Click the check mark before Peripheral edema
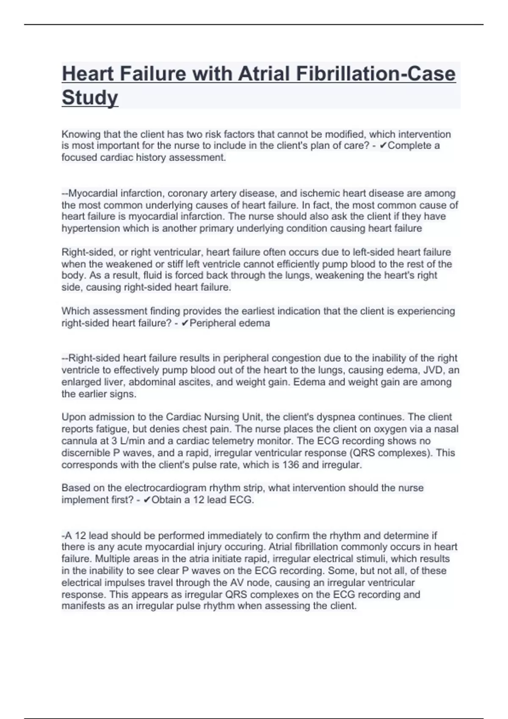tap(184, 324)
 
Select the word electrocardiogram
tap(163, 488)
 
